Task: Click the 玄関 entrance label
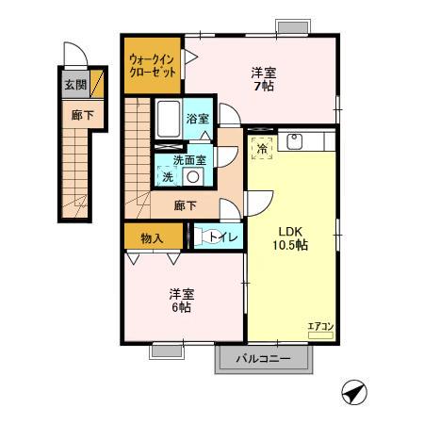point(73,85)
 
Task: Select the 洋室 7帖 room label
point(263,78)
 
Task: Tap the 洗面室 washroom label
point(189,159)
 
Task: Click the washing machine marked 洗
point(168,176)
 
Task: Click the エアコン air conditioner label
point(321,327)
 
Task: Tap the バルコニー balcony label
point(261,359)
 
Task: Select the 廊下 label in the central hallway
point(186,204)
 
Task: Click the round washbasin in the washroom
point(193,176)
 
